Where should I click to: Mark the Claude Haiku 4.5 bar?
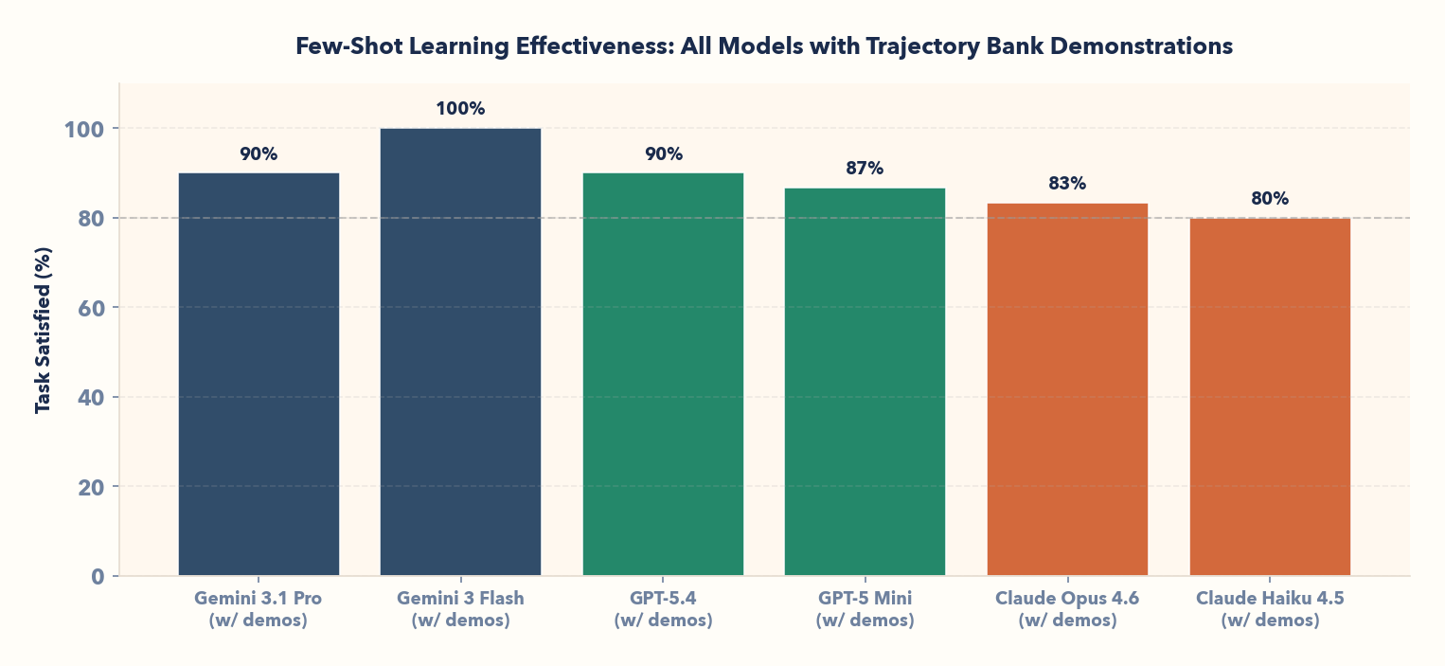(1270, 397)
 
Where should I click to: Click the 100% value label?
(460, 109)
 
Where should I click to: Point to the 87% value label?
(865, 169)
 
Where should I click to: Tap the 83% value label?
(1067, 184)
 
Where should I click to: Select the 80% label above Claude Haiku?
(1270, 199)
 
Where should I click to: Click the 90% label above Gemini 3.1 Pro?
(259, 154)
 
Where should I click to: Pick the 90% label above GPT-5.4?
(663, 154)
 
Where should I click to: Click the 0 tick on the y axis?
(98, 576)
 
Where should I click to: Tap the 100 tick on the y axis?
(84, 129)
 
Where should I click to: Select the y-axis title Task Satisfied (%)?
(43, 330)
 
